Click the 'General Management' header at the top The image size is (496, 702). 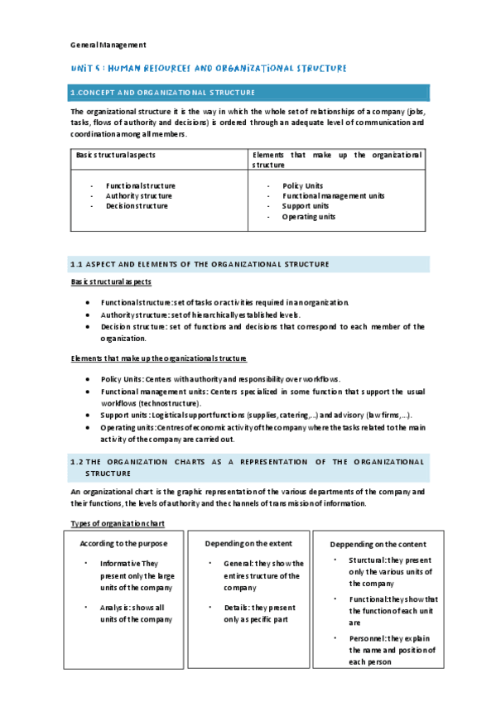[x=108, y=45]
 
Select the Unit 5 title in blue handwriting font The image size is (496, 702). [x=208, y=68]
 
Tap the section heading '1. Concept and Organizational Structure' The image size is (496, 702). [x=163, y=92]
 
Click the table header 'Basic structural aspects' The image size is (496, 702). [x=115, y=155]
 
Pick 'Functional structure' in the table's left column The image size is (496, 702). [x=140, y=185]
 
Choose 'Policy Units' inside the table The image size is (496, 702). [x=302, y=185]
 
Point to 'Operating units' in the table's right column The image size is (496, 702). [x=308, y=216]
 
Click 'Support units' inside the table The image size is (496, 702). [x=306, y=206]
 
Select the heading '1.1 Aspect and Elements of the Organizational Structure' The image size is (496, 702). [x=200, y=264]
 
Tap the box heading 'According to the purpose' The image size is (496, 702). [x=123, y=543]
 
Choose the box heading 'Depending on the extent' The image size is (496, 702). [x=248, y=543]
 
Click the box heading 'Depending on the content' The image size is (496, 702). [x=378, y=544]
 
